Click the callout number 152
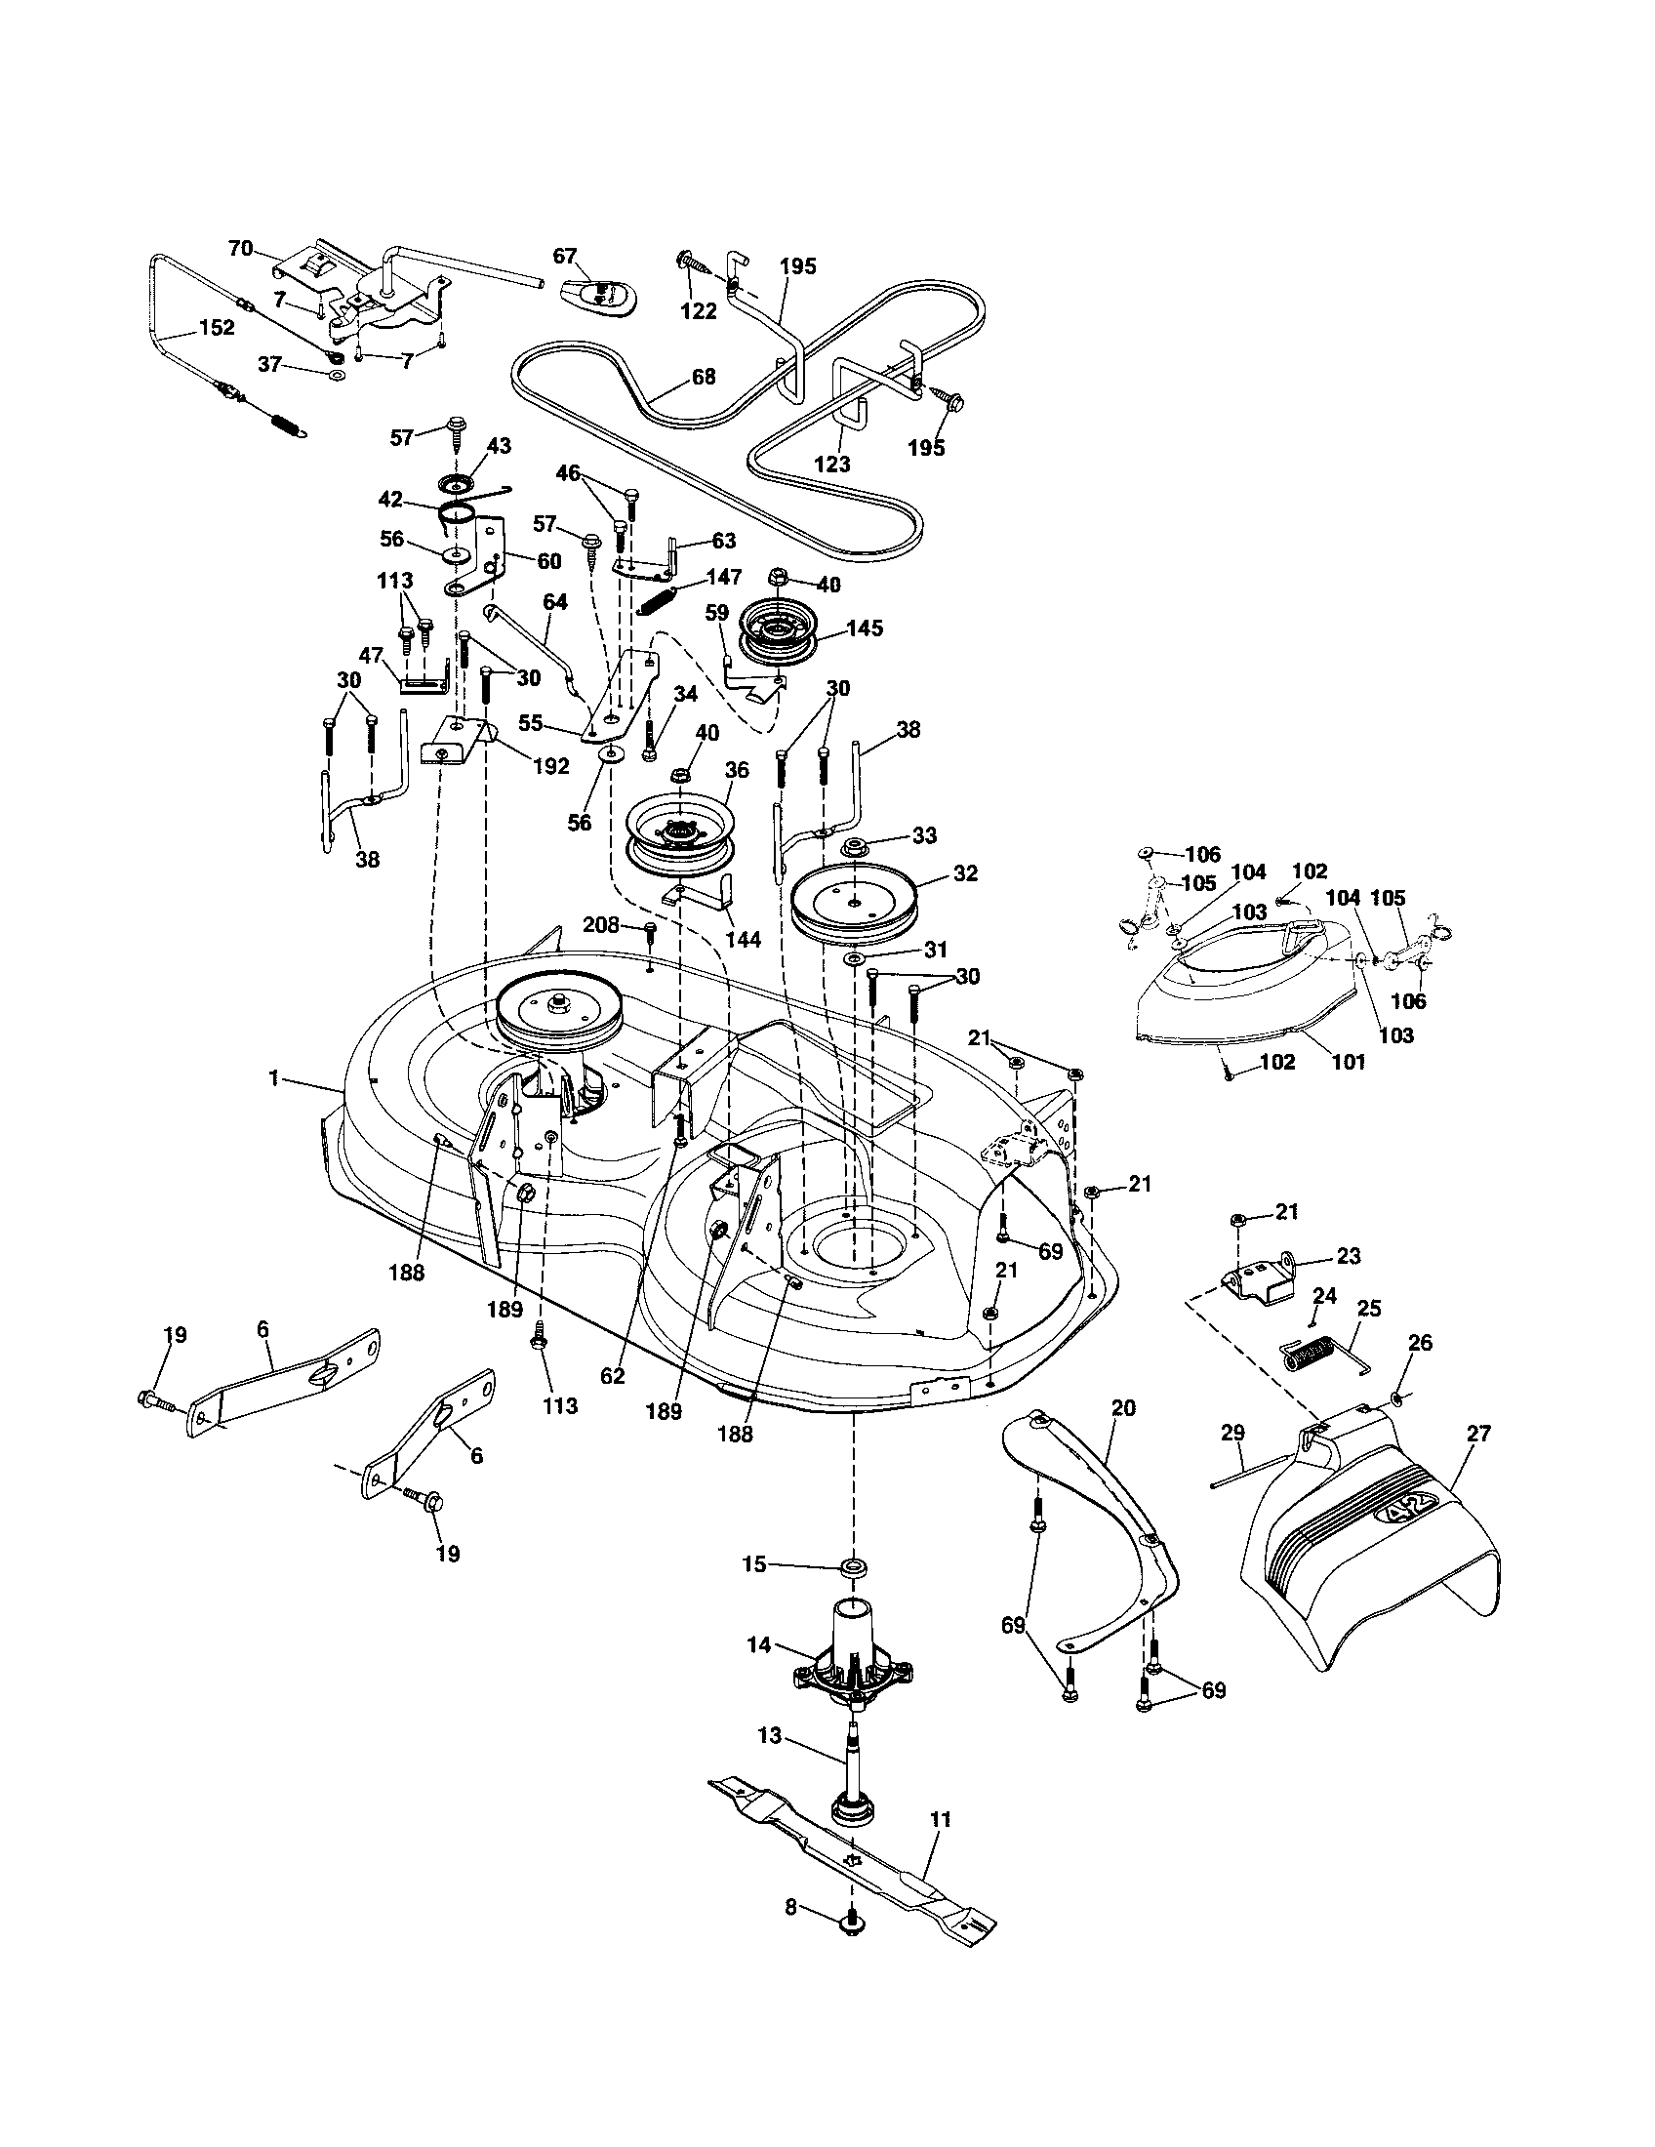point(217,328)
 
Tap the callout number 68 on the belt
point(703,376)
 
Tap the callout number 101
point(1348,1062)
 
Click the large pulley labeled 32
point(854,902)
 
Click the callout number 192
point(550,766)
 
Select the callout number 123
point(832,463)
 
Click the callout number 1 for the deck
point(274,1078)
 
